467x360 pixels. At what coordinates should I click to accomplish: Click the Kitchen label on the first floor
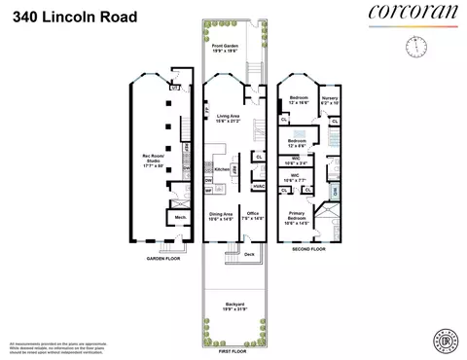[221, 168]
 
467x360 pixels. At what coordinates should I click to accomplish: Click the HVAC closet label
[259, 186]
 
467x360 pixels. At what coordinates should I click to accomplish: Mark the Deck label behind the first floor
[249, 254]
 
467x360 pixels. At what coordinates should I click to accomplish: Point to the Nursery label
[331, 99]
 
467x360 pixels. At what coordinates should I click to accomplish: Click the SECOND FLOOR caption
[310, 248]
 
